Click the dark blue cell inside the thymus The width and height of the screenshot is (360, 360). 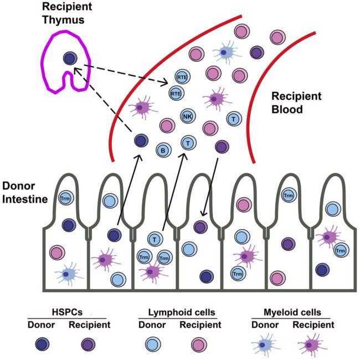(69, 57)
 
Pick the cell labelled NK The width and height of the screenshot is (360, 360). (187, 117)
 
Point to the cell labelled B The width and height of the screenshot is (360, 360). (164, 150)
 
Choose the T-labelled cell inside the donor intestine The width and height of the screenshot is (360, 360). (156, 239)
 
